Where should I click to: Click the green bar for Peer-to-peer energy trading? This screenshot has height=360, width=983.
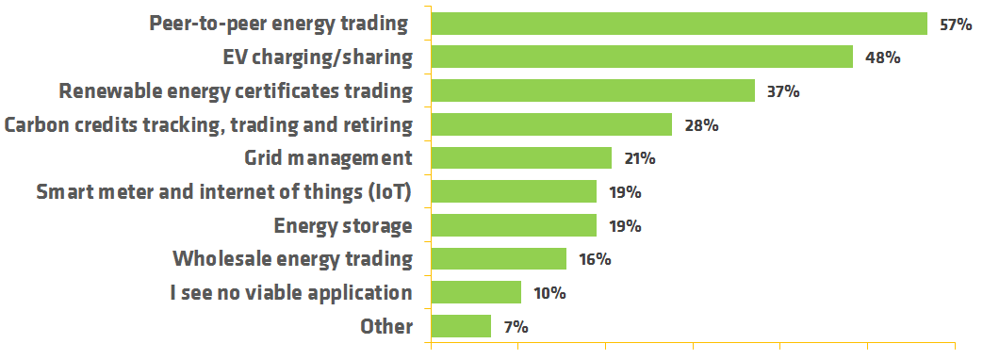click(679, 24)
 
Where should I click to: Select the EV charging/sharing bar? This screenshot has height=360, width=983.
click(641, 57)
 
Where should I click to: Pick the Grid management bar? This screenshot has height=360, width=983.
click(520, 158)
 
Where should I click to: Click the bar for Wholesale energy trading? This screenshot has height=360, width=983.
click(498, 259)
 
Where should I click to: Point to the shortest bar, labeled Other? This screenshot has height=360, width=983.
click(460, 327)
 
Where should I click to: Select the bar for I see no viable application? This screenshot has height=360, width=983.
click(475, 293)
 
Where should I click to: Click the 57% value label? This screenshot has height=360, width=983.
click(955, 25)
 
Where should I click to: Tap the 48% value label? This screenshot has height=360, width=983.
click(883, 58)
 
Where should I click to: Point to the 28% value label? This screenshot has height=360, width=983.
click(702, 125)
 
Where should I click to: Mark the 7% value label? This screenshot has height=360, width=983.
click(516, 328)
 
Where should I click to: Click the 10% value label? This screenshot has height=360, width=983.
click(549, 294)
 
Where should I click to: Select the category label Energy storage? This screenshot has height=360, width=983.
click(343, 226)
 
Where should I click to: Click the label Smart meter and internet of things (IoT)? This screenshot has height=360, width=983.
click(224, 192)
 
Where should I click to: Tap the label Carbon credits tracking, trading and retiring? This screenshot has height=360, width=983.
click(208, 124)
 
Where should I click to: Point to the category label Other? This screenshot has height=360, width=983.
click(386, 327)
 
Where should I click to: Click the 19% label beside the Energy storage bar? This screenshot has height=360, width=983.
click(625, 227)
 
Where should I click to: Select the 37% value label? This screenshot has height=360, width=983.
click(783, 92)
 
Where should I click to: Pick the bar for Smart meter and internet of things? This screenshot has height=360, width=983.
click(513, 192)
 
